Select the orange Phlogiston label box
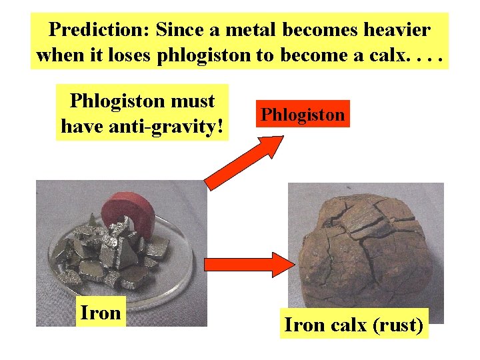[x=303, y=114]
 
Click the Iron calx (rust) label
[x=354, y=326]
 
